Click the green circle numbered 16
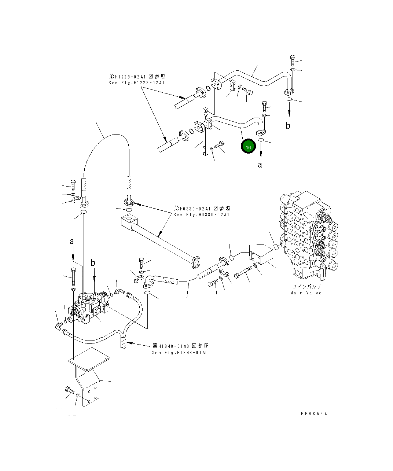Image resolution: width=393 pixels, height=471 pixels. click(248, 147)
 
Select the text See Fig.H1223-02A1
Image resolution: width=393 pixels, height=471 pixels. click(136, 83)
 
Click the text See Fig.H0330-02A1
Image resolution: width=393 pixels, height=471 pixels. click(201, 214)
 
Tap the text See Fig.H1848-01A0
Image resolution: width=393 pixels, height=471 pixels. click(180, 353)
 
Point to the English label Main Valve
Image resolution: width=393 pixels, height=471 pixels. click(306, 293)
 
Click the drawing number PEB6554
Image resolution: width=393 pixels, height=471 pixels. click(314, 413)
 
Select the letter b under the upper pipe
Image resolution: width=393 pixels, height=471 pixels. click(288, 126)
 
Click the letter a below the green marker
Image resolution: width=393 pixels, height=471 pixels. click(260, 165)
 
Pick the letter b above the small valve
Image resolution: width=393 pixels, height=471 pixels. click(93, 263)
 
